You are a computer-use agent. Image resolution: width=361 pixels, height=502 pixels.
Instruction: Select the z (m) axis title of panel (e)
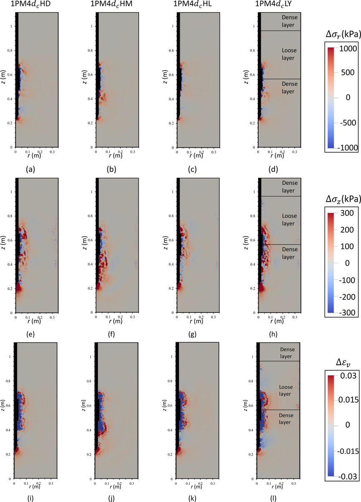pyautogui.click(x=4, y=245)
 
